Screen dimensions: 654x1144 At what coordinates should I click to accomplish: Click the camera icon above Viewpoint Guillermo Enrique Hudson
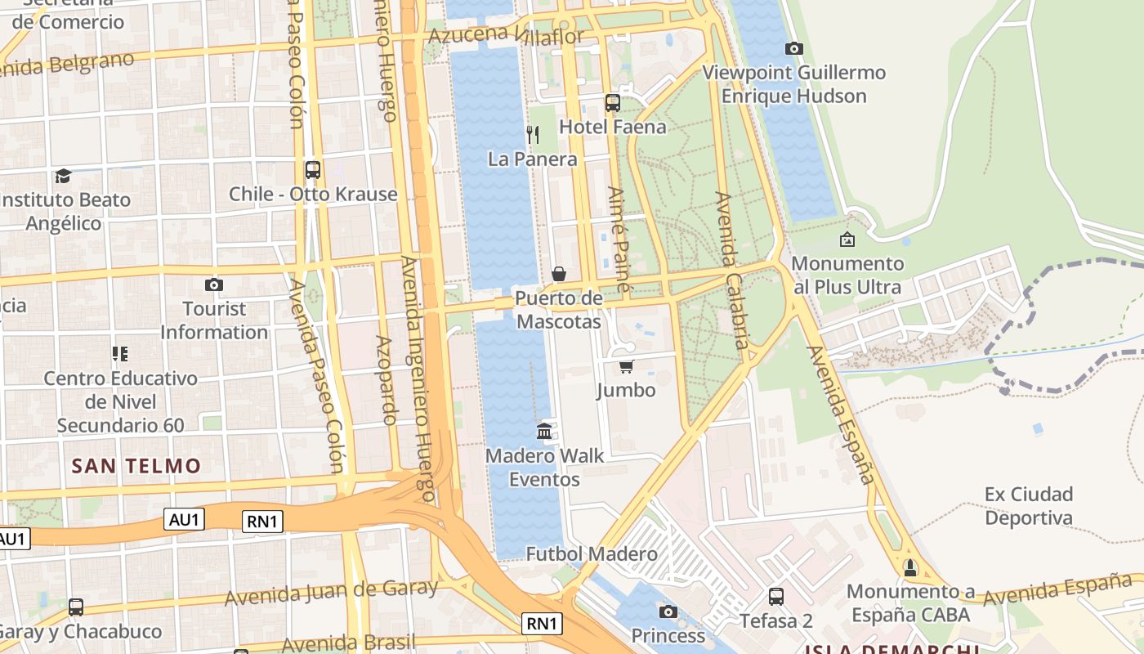(x=793, y=49)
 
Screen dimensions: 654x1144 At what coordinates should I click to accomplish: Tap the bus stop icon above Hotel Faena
(x=613, y=103)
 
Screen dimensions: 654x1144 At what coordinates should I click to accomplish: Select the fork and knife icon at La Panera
(x=533, y=135)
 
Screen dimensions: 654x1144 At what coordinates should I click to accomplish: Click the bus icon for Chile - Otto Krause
(x=313, y=170)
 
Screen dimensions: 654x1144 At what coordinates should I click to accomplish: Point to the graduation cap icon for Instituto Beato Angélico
(x=64, y=176)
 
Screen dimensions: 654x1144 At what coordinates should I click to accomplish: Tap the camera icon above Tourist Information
(x=214, y=284)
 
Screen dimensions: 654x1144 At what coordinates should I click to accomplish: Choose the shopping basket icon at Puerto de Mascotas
(x=559, y=274)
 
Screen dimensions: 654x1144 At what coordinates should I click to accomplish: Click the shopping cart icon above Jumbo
(x=627, y=366)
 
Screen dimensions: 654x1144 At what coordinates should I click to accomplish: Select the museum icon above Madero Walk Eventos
(x=544, y=431)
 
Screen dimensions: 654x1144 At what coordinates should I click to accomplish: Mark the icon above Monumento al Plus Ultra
(x=847, y=240)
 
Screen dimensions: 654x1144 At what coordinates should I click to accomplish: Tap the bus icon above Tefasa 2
(x=776, y=597)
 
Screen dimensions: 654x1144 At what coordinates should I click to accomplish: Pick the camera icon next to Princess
(x=668, y=611)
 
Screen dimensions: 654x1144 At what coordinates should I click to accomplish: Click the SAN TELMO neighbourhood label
(x=136, y=466)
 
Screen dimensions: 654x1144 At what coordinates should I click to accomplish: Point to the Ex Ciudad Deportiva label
(x=1028, y=506)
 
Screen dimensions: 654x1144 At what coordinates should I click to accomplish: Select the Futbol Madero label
(x=592, y=554)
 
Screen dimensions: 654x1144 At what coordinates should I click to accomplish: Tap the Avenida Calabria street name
(x=732, y=270)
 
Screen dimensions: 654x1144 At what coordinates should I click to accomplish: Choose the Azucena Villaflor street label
(x=506, y=35)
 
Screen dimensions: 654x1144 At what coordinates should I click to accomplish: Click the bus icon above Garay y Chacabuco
(x=76, y=607)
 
